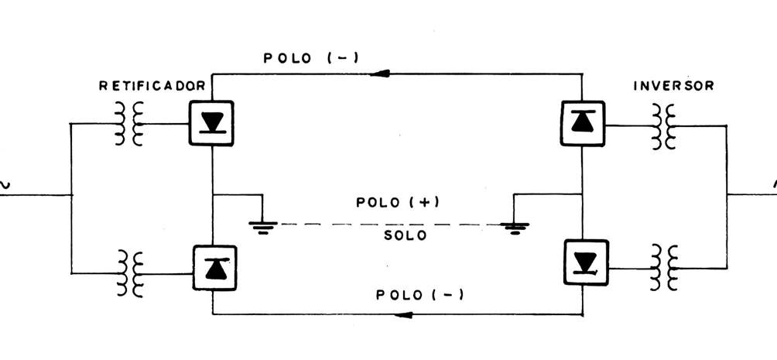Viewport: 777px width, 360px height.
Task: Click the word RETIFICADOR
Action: pyautogui.click(x=152, y=86)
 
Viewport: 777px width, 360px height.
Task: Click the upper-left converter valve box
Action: pyautogui.click(x=211, y=123)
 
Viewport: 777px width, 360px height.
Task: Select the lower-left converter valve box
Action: pyautogui.click(x=211, y=268)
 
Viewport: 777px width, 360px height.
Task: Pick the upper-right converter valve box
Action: pyautogui.click(x=582, y=123)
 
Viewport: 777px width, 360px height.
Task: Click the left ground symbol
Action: pyautogui.click(x=262, y=226)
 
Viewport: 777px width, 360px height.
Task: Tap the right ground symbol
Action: pyautogui.click(x=514, y=226)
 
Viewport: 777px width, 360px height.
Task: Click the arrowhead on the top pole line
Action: pyautogui.click(x=378, y=74)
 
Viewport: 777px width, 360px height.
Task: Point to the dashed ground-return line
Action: pyautogui.click(x=387, y=225)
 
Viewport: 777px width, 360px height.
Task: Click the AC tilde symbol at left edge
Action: pyautogui.click(x=4, y=184)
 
